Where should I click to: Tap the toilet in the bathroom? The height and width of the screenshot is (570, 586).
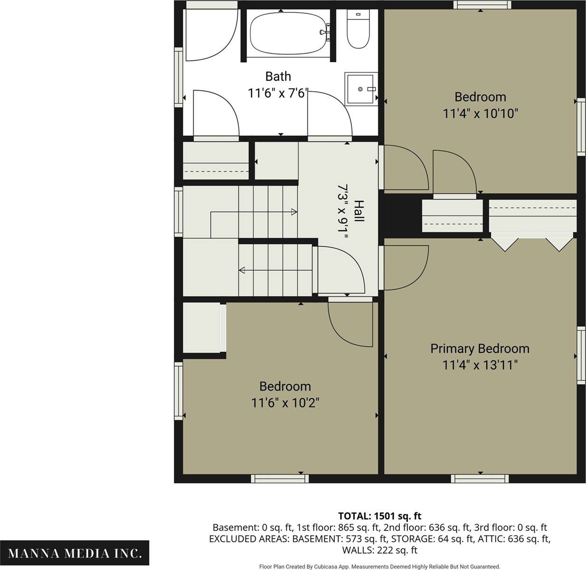pyautogui.click(x=359, y=29)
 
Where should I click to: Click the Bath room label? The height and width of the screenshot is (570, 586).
pyautogui.click(x=278, y=76)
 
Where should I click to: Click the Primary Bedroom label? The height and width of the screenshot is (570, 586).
pyautogui.click(x=480, y=349)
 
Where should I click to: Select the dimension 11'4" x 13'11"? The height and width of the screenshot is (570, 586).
pyautogui.click(x=480, y=365)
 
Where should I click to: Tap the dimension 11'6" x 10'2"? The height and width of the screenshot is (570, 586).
pyautogui.click(x=285, y=402)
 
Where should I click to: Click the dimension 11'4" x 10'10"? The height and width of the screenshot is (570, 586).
pyautogui.click(x=480, y=114)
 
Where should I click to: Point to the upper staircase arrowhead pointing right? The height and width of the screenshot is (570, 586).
pyautogui.click(x=294, y=212)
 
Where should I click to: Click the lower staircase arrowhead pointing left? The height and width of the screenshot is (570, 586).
pyautogui.click(x=242, y=270)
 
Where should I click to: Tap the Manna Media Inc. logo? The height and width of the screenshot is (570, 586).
pyautogui.click(x=75, y=553)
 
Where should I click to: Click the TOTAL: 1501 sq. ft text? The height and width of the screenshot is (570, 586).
pyautogui.click(x=380, y=516)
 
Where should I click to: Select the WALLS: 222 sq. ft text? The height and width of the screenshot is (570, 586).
pyautogui.click(x=380, y=551)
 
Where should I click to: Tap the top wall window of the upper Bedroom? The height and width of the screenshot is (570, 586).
pyautogui.click(x=482, y=5)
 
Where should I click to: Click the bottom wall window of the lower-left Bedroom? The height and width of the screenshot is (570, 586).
pyautogui.click(x=280, y=478)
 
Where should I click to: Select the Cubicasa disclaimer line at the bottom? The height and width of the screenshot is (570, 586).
pyautogui.click(x=380, y=567)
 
